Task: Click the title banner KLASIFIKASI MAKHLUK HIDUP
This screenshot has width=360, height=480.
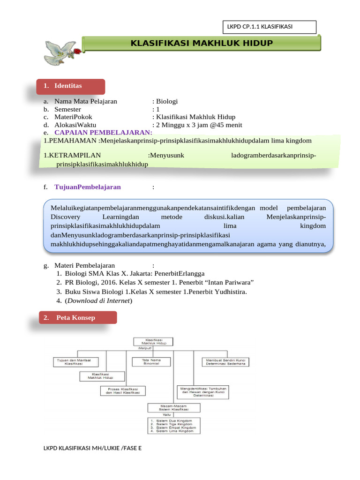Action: [202, 44]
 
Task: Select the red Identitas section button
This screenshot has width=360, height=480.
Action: [70, 86]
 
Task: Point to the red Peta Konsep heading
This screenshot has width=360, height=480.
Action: [76, 318]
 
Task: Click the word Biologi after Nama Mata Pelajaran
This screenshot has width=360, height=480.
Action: [167, 101]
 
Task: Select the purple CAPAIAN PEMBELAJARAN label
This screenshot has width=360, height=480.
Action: [104, 133]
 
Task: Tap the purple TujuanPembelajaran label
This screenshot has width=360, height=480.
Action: [88, 187]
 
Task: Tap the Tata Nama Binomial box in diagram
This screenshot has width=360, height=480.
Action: [151, 361]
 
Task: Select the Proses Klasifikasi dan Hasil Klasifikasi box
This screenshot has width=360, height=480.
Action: [123, 390]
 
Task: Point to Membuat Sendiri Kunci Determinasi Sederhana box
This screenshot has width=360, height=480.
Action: [225, 362]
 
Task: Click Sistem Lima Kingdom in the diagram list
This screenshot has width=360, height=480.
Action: [175, 431]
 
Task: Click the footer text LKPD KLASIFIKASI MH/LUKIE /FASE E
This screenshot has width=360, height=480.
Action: [92, 448]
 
